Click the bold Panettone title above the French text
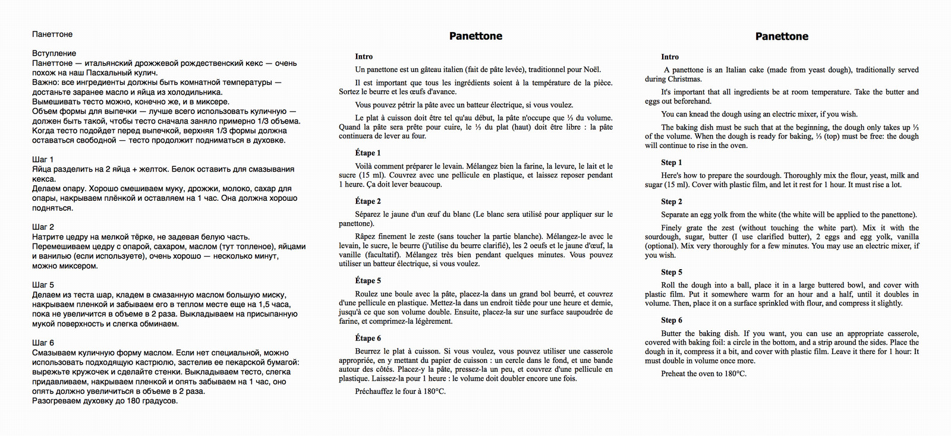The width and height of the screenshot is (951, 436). click(x=475, y=36)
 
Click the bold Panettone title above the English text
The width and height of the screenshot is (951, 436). click(x=782, y=36)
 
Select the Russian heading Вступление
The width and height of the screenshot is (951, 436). click(x=54, y=53)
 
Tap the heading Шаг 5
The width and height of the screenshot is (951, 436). click(x=43, y=285)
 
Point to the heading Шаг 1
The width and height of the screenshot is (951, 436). click(x=43, y=159)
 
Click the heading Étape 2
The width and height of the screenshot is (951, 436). click(x=368, y=201)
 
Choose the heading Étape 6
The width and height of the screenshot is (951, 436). click(x=368, y=339)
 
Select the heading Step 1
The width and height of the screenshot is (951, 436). click(x=672, y=163)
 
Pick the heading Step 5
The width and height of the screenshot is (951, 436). click(x=672, y=272)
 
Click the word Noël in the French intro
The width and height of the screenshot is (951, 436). click(x=591, y=70)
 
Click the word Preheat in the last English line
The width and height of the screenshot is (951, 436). click(x=675, y=374)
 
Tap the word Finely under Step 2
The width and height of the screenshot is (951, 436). click(x=673, y=228)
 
